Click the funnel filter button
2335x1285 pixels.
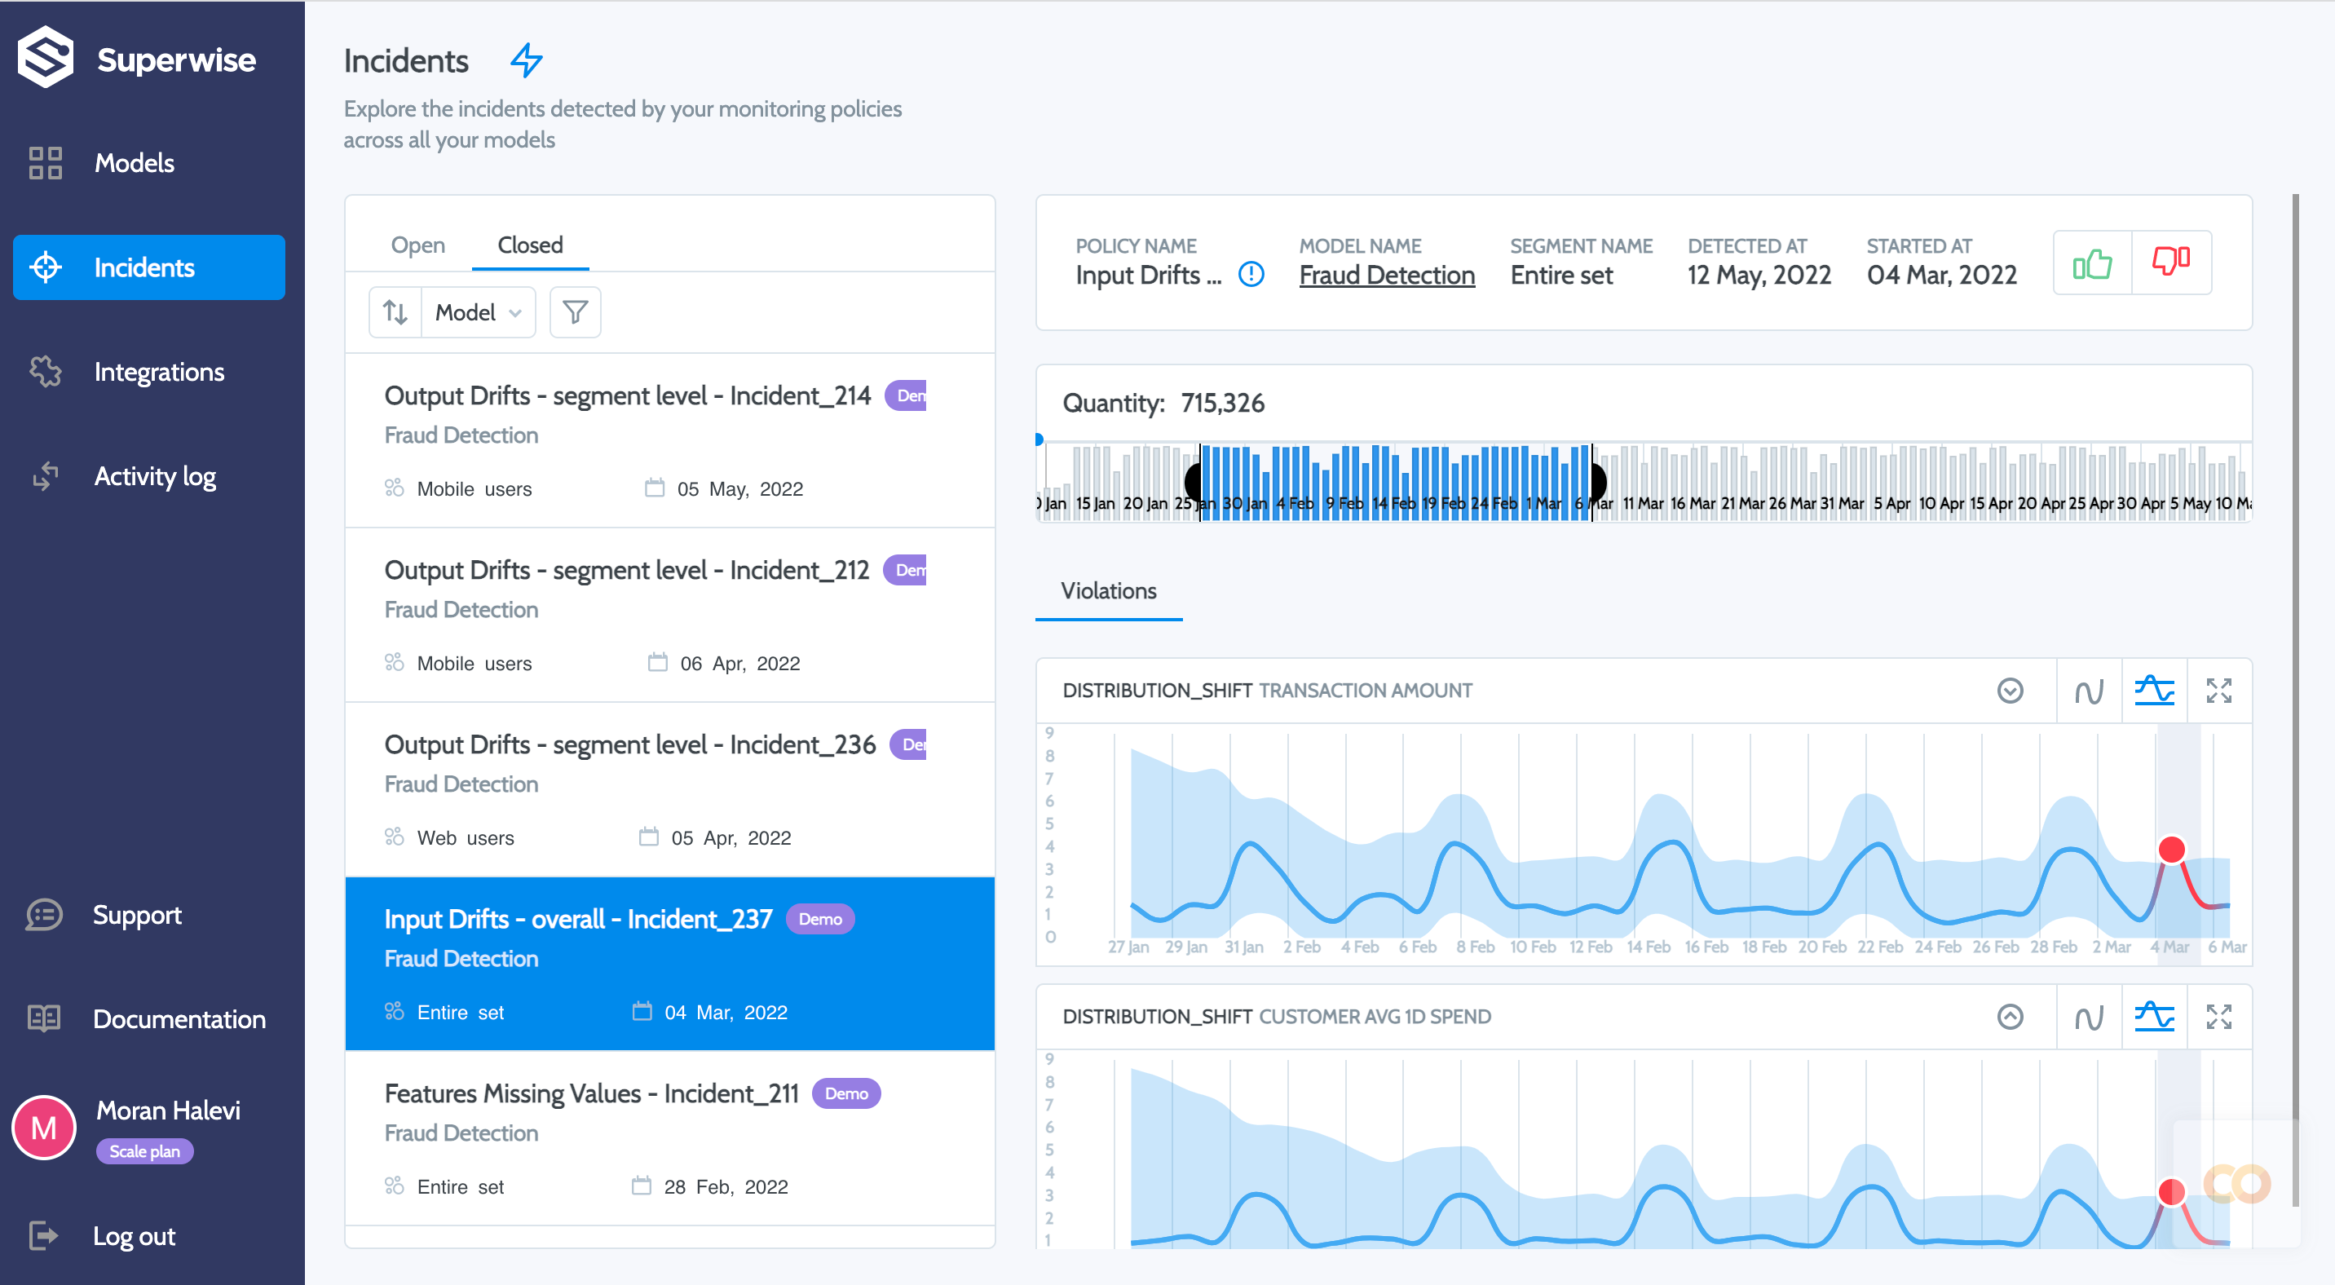575,312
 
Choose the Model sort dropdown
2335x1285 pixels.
478,312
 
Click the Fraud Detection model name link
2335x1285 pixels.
1386,275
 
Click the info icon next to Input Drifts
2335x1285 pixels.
1251,274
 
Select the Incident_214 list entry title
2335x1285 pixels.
626,396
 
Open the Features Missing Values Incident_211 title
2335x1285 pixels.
590,1093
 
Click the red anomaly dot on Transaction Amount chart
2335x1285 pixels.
2171,849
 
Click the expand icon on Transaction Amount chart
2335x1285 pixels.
2218,691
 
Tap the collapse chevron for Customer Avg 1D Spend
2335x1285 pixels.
2010,1017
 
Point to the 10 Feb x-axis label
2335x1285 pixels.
1532,947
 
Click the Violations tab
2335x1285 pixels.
1108,591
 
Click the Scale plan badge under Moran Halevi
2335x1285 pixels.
144,1151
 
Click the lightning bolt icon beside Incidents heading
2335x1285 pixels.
526,60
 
